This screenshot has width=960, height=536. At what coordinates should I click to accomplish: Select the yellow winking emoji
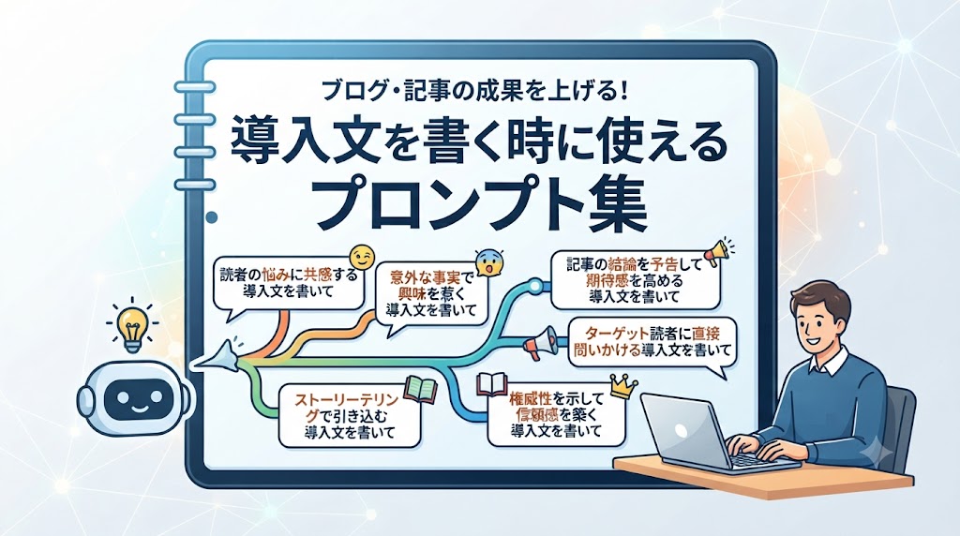pos(361,258)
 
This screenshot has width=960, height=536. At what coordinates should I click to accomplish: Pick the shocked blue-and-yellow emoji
pos(489,261)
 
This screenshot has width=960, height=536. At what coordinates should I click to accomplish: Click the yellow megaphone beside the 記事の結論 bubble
pos(717,251)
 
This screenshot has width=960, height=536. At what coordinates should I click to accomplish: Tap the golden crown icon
pos(623,387)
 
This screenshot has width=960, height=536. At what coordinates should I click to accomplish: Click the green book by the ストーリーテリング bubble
pos(420,389)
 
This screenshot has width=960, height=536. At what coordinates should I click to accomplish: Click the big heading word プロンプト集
pos(481,201)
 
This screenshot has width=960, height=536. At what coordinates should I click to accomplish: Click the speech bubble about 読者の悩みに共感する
pos(287,285)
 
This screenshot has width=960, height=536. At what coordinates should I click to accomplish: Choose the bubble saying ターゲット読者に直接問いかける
pos(652,343)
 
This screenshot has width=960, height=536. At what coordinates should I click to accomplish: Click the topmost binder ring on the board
pos(194,87)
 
